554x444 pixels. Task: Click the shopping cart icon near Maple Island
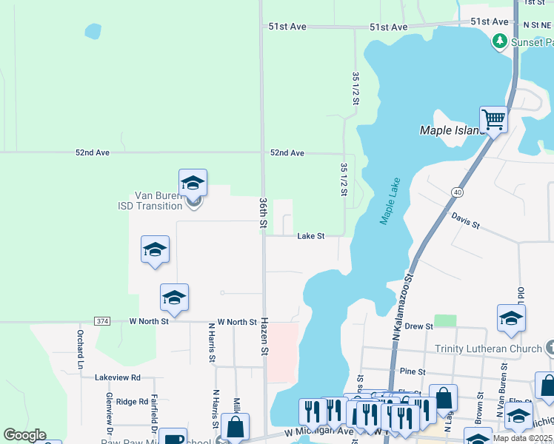point(493,118)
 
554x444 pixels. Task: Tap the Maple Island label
point(452,130)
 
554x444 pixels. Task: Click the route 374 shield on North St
point(102,321)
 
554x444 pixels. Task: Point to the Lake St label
point(311,236)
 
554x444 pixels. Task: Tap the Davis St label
point(466,221)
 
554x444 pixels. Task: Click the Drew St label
point(418,326)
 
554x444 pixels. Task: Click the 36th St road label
point(264,213)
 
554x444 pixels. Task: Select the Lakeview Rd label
point(117,377)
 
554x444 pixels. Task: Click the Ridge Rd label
point(132,401)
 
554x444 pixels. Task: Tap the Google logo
point(24,435)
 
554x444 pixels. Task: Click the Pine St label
point(412,371)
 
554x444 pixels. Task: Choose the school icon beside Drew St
point(511,318)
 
